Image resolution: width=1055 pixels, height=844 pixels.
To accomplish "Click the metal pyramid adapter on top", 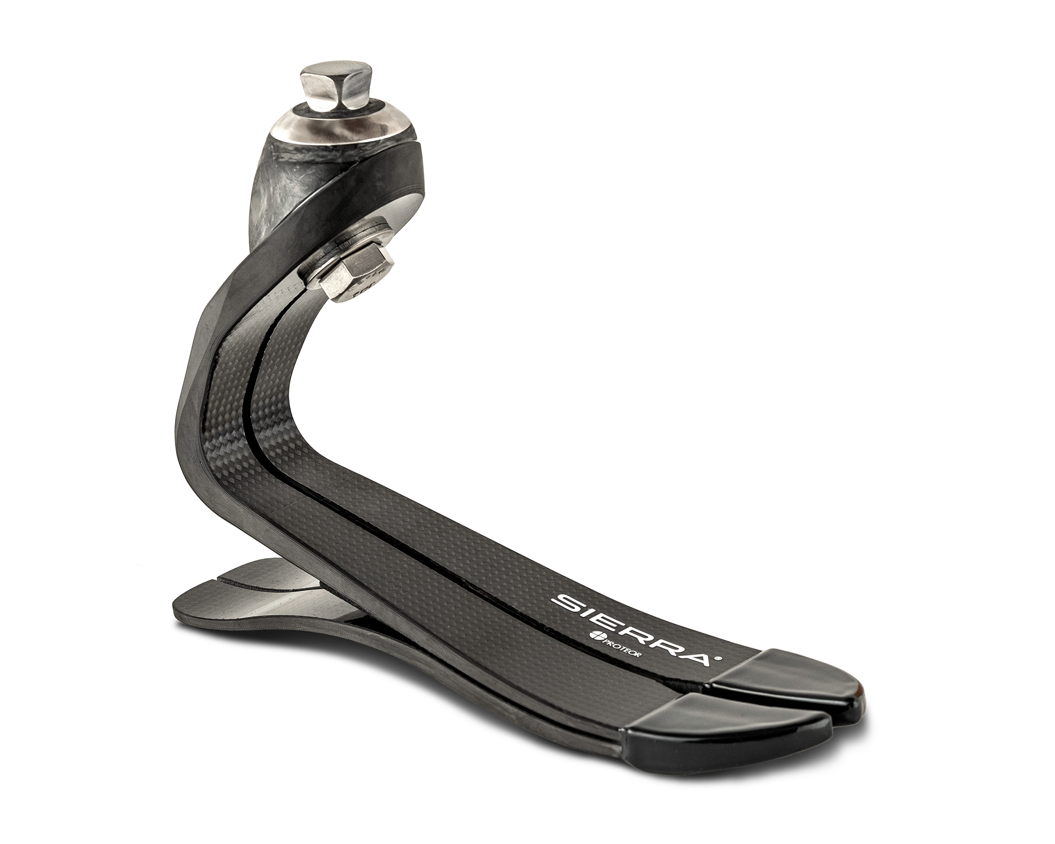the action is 321,88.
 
